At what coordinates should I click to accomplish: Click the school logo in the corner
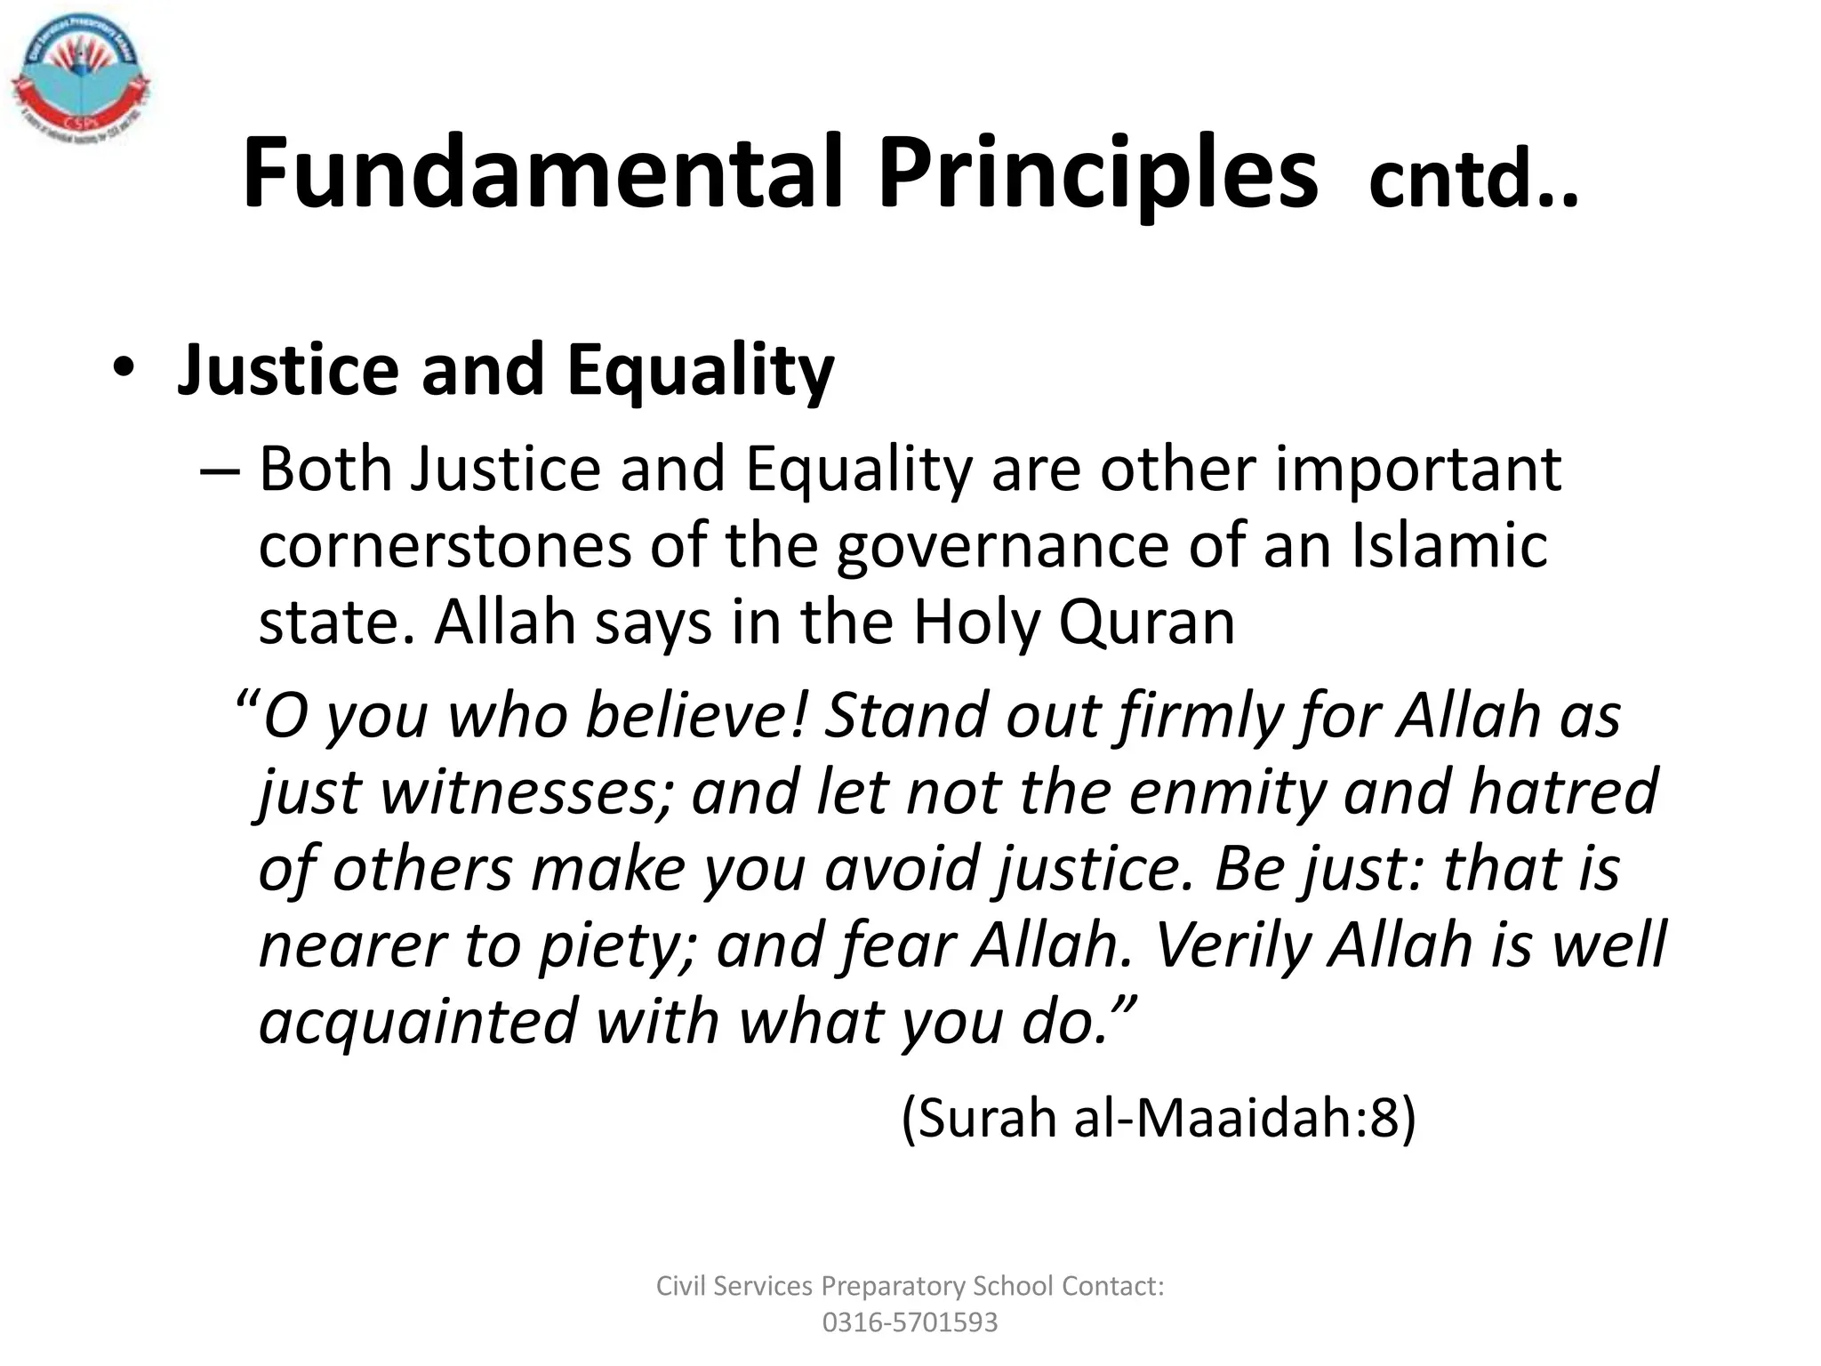80,79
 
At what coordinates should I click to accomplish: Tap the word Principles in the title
1097,173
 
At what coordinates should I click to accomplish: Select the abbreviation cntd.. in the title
1472,182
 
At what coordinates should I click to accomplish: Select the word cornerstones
445,546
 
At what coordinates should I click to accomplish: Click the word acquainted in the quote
419,1022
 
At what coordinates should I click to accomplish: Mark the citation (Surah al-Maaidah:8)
1158,1117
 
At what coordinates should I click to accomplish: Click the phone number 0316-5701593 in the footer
910,1322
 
